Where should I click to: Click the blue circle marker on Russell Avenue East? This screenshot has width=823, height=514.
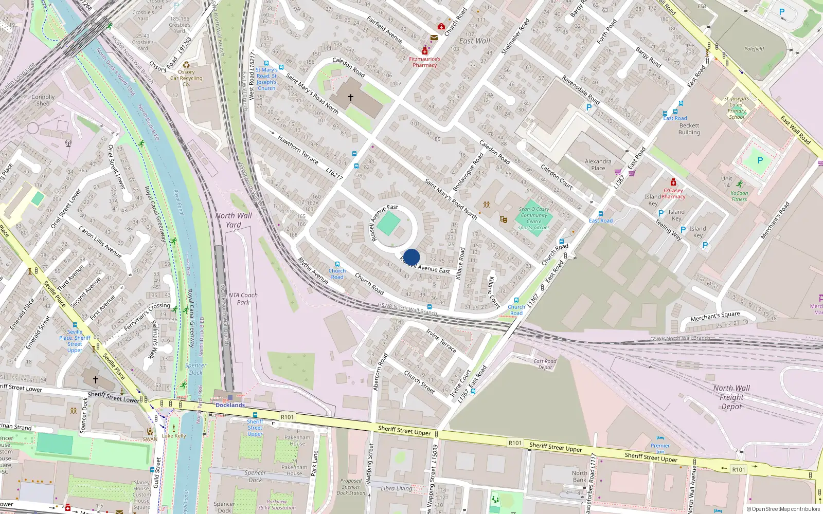[411, 257]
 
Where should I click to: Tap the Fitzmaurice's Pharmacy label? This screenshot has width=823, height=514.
[425, 62]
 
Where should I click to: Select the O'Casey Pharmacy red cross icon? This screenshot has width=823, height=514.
[673, 182]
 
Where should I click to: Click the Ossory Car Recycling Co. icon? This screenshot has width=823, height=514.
[186, 65]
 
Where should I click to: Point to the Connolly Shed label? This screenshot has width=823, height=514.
[43, 100]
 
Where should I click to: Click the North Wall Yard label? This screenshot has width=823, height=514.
[234, 220]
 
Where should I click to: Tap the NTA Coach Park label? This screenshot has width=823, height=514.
[243, 299]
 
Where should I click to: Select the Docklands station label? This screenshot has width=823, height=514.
[230, 405]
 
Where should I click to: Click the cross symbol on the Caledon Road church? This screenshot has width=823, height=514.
[351, 97]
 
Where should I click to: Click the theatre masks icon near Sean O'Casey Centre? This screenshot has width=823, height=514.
[504, 219]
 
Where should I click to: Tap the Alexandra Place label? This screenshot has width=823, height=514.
[598, 164]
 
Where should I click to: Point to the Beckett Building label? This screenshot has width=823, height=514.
[689, 129]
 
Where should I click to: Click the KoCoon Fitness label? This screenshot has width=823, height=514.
[739, 196]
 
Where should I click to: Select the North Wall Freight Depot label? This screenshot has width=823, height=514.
[731, 397]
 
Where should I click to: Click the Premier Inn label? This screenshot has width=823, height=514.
[660, 448]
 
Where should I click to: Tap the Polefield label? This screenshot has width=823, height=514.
[754, 49]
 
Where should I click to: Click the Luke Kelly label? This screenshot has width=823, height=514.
[174, 436]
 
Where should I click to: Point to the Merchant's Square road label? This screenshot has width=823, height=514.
[715, 316]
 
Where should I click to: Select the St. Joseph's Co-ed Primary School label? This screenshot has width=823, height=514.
[737, 108]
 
